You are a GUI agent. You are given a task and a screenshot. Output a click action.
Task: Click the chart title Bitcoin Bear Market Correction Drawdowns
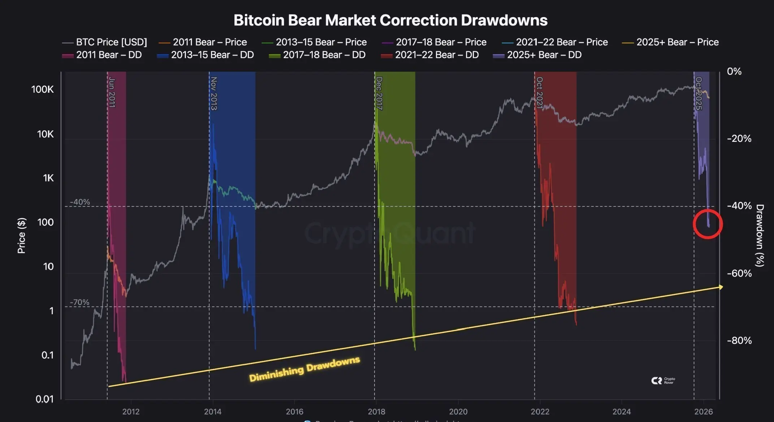point(390,20)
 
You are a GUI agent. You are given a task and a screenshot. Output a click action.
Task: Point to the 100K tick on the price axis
point(42,89)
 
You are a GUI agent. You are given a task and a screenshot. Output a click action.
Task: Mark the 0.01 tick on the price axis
point(44,399)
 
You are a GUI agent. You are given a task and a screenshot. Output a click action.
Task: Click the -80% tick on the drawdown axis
point(739,340)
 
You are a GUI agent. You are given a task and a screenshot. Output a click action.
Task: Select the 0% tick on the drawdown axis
point(734,71)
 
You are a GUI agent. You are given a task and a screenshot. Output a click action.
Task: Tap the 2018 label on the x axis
point(376,412)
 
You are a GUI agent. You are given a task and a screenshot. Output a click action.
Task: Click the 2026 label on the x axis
point(704,412)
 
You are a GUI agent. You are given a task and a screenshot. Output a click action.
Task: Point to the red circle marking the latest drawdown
point(708,224)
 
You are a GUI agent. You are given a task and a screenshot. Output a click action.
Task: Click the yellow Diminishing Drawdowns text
point(304,369)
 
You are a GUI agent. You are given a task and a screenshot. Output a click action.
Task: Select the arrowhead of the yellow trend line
point(721,287)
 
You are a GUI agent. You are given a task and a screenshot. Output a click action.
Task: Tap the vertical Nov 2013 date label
point(214,93)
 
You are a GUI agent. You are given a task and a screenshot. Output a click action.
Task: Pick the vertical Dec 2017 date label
point(379,93)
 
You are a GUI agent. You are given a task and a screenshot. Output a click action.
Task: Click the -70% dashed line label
point(79,302)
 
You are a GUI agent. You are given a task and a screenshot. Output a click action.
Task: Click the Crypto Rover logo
point(663,381)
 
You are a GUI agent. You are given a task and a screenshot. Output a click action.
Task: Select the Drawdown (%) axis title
point(760,235)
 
